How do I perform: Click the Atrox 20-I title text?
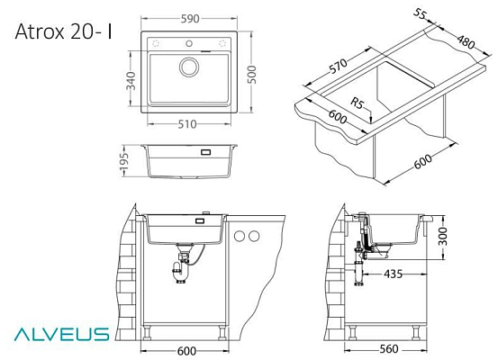click(x=64, y=31)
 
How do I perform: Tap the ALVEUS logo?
click(x=61, y=334)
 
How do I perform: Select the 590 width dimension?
click(x=190, y=19)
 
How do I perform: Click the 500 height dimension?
click(x=251, y=75)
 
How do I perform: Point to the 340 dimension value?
click(x=131, y=81)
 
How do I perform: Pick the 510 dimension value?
click(x=187, y=124)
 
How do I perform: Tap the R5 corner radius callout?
click(x=358, y=103)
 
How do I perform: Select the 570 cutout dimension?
click(x=339, y=67)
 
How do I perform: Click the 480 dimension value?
click(x=466, y=41)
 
